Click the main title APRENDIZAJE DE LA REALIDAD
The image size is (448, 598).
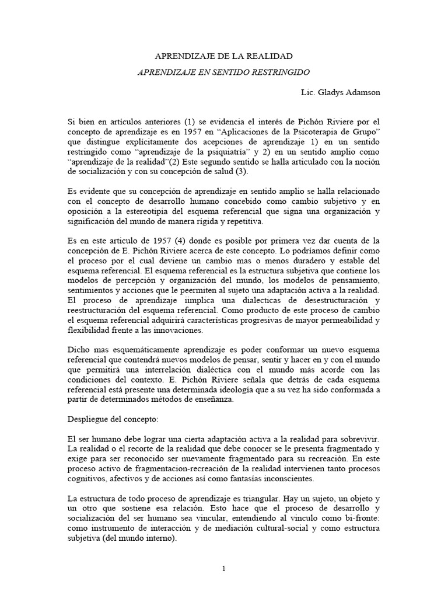[223, 56]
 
